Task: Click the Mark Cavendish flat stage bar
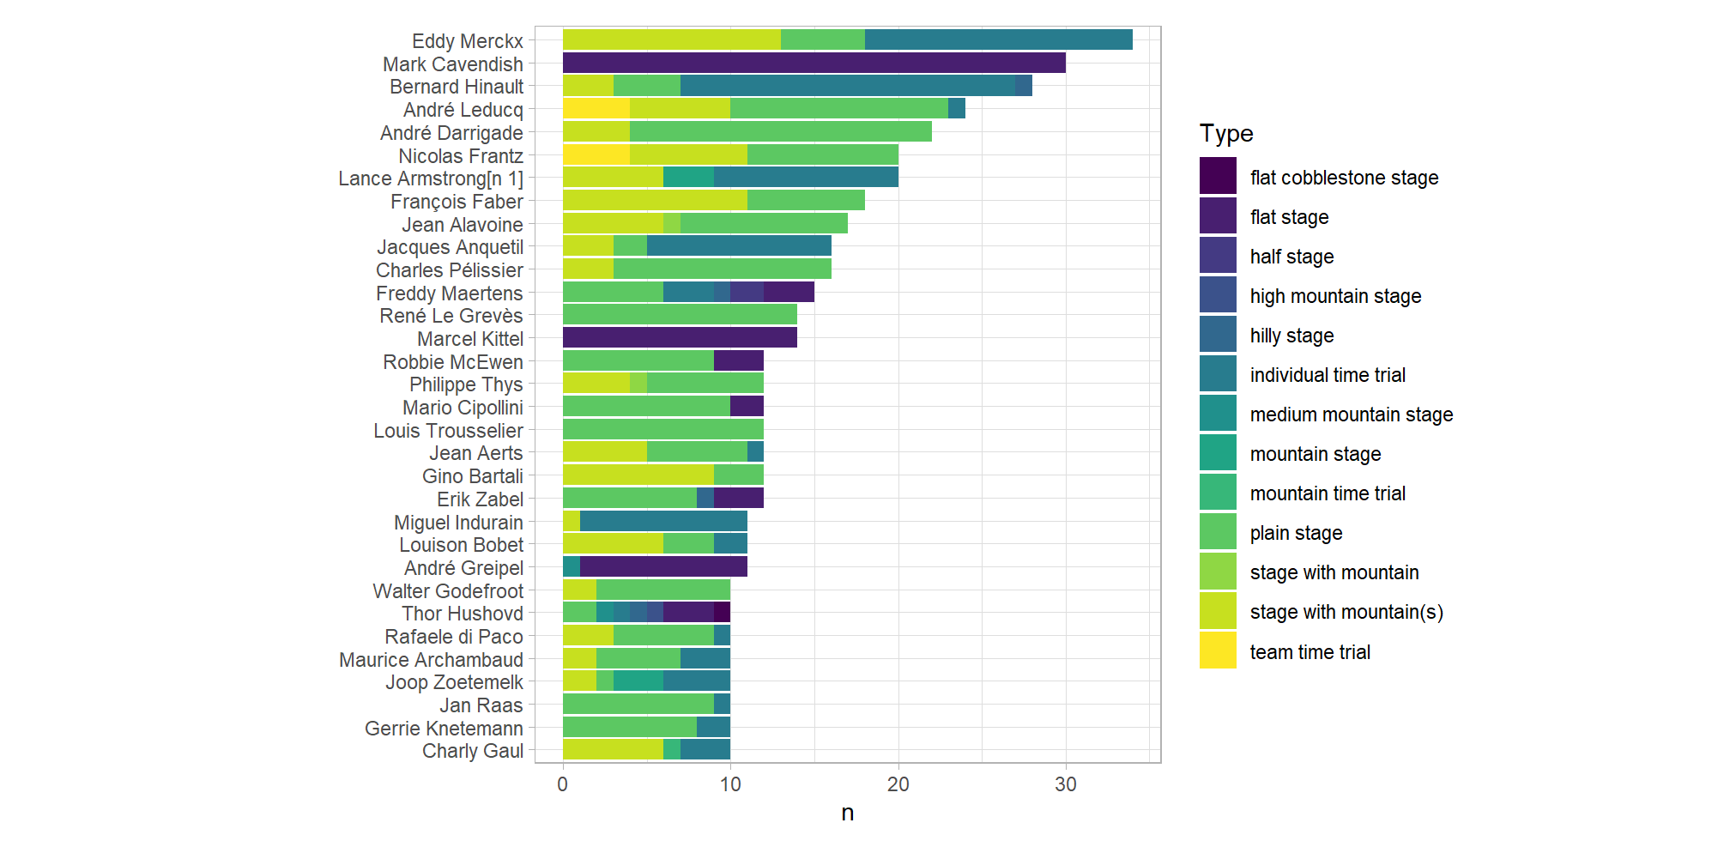(814, 63)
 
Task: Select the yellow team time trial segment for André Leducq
(596, 108)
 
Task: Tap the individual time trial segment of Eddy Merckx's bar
(998, 39)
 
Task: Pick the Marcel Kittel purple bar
(680, 337)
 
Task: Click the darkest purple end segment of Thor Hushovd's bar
(722, 612)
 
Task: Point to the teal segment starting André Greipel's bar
(571, 566)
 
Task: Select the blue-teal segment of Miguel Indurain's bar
(662, 521)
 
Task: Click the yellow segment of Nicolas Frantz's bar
(596, 154)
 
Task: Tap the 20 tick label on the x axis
(898, 784)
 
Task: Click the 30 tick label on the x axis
(1065, 784)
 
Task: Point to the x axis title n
(847, 813)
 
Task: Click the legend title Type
(1225, 134)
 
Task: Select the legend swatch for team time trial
(1217, 650)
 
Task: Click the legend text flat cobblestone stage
(1343, 178)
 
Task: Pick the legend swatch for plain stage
(1217, 532)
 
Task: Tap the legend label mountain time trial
(1327, 493)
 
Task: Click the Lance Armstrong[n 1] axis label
(430, 178)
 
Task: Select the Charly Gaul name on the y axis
(472, 751)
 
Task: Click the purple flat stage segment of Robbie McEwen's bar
(738, 360)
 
